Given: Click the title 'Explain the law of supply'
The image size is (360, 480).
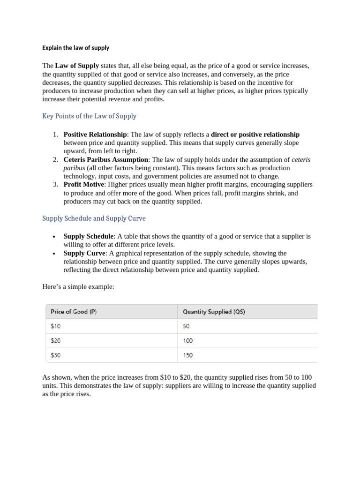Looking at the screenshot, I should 75,48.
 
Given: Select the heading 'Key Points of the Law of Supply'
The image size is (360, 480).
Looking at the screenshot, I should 89,116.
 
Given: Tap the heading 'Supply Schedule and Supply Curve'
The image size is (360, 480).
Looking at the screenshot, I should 94,218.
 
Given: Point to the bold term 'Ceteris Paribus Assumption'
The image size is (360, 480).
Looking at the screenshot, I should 106,160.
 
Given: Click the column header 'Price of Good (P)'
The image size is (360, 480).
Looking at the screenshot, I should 74,312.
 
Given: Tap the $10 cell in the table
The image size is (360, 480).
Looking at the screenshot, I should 55,326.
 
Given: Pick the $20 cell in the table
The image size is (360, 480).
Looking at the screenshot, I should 56,341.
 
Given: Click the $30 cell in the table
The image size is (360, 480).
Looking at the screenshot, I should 56,355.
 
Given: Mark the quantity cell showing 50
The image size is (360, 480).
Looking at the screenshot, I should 187,326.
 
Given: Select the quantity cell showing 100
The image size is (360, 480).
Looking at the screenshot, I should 187,341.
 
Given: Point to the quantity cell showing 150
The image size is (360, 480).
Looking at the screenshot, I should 187,355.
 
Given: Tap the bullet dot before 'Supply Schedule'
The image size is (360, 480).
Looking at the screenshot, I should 55,237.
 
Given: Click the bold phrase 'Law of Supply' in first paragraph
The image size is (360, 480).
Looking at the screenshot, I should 77,66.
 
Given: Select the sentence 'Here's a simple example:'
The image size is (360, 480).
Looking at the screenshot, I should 78,286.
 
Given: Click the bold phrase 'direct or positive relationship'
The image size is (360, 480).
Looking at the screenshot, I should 255,135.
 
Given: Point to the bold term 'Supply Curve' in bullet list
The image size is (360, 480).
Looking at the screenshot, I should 84,254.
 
